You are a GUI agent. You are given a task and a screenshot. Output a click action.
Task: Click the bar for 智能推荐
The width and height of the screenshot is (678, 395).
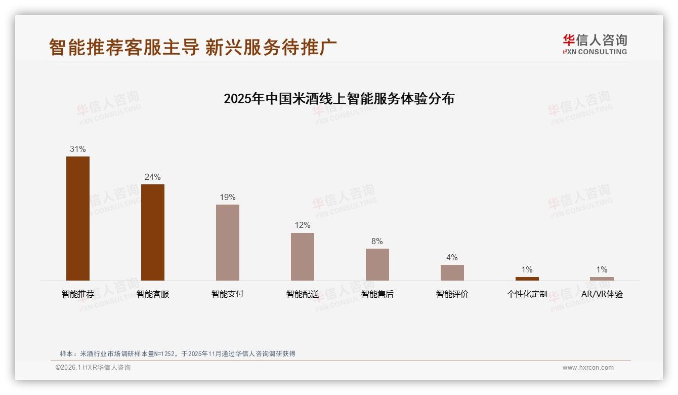pos(78,218)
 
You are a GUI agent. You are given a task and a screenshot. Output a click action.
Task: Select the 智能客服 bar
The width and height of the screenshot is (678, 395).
pos(153,232)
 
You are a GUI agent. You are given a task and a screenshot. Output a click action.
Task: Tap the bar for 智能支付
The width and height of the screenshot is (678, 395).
pos(228,243)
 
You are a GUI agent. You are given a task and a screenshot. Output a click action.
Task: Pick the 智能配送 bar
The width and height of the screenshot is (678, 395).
pos(303,257)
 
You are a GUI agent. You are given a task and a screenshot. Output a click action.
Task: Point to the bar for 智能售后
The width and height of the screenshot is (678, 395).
pos(377,264)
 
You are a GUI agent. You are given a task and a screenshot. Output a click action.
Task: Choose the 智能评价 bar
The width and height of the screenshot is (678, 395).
pos(452,272)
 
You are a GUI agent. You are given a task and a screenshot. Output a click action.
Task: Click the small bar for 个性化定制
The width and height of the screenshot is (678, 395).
pos(527,279)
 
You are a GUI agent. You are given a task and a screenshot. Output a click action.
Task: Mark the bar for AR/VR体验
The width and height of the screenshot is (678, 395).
pos(602,279)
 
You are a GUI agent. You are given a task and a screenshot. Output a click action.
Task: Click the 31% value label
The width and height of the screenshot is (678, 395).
pos(78,149)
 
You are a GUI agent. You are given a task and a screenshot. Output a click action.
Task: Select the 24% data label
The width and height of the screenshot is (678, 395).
pos(153,177)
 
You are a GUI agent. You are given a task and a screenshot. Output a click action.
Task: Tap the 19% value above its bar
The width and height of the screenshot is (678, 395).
pos(228,197)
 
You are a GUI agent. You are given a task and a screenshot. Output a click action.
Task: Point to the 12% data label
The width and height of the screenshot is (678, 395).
pos(303,225)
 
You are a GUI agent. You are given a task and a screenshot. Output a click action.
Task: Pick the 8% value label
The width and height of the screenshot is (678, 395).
pos(377,242)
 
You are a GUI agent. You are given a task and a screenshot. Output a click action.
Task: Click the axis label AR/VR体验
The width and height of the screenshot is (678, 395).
pos(602,294)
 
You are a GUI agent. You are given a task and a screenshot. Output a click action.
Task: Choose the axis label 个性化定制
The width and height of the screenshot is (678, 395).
pos(527,294)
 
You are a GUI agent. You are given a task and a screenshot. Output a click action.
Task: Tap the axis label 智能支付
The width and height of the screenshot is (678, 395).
pos(228,294)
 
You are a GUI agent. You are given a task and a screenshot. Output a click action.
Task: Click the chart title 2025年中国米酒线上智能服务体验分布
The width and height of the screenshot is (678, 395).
pos(339,98)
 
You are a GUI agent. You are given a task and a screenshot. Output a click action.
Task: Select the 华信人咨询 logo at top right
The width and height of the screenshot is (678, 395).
pos(595,45)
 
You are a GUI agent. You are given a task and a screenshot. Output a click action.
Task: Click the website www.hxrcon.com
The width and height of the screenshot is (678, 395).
pos(588,368)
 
